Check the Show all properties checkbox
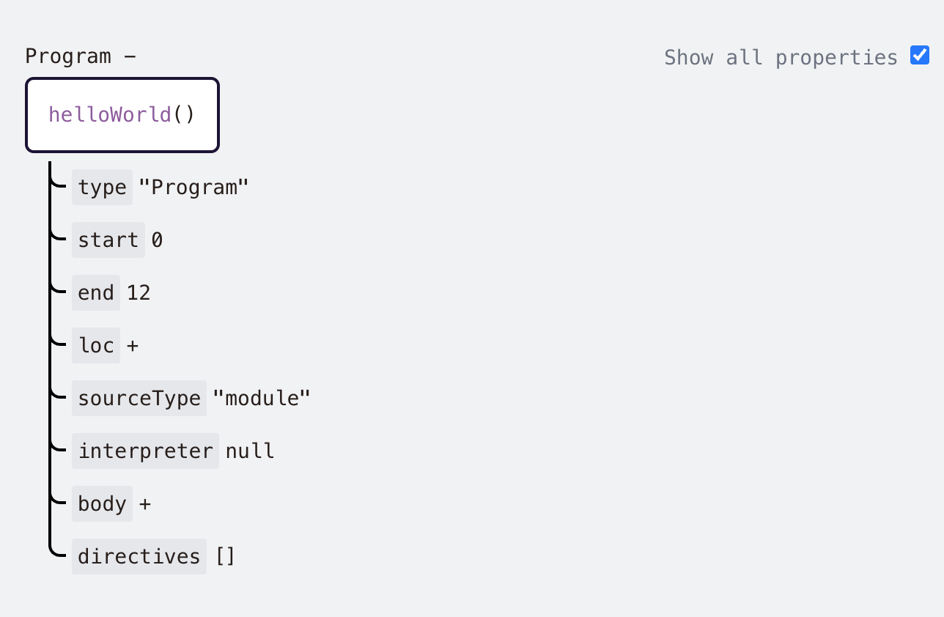919,56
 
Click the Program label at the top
68,56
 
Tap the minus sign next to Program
130,56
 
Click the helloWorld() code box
122,115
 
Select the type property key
102,188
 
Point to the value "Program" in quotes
194,188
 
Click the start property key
108,240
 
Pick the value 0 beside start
157,240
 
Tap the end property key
96,293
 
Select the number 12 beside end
139,293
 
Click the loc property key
96,346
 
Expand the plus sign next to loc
132,346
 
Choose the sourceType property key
139,399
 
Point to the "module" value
262,399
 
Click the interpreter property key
145,451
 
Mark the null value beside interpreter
250,451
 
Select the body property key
102,504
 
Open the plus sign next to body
145,504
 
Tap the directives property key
139,557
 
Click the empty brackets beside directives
225,557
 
